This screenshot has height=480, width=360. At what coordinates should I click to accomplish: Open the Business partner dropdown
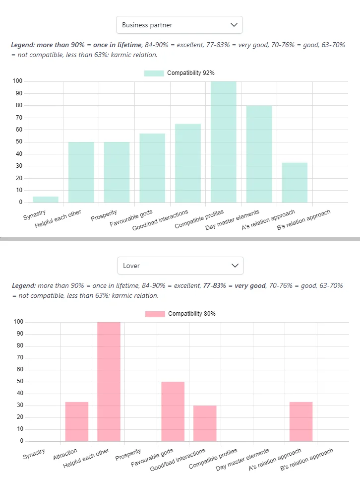point(179,25)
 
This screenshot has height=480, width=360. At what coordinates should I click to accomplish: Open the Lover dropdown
point(180,266)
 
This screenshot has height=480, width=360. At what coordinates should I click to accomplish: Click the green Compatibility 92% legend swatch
point(154,73)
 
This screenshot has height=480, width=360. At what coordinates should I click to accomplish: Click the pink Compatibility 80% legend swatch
point(155,314)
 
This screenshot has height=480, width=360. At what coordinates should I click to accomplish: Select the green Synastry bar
point(46,200)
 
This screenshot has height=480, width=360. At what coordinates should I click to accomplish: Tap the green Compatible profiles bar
point(224,141)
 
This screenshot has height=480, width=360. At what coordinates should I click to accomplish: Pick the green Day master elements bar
point(259,154)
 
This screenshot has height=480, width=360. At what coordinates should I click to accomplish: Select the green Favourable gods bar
point(152,168)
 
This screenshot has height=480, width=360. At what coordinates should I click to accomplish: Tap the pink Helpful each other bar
point(109,381)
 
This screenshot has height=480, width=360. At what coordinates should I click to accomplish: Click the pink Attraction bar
point(77,421)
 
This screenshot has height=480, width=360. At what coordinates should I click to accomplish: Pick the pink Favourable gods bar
point(173,411)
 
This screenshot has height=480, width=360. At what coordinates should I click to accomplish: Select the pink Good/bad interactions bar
point(205,423)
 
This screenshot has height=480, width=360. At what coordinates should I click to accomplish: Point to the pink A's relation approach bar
point(301,421)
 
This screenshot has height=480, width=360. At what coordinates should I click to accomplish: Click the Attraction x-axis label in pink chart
point(65,454)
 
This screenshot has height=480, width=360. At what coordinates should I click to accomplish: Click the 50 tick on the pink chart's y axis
point(19,382)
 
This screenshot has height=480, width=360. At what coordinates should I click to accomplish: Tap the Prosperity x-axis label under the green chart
point(104,217)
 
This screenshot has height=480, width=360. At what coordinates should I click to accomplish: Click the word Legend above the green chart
point(23,45)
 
